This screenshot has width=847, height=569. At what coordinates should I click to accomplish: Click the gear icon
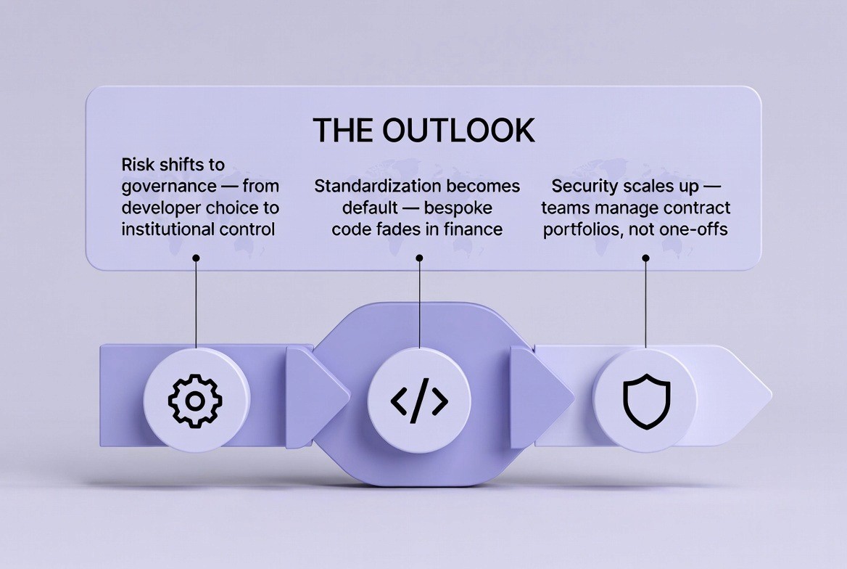195,400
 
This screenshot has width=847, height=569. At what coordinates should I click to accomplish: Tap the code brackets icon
419,400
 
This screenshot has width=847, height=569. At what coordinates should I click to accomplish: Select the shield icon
646,400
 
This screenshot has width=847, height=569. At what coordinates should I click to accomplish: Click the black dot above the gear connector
196,258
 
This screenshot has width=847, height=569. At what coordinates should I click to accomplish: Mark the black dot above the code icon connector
419,258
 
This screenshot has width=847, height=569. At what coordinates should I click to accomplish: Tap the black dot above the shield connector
646,258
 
